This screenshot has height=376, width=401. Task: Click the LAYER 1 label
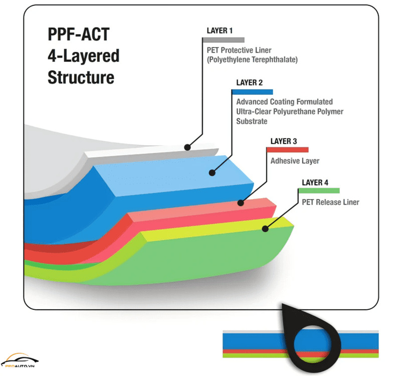point(220,31)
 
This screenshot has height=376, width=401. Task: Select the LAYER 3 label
point(284,141)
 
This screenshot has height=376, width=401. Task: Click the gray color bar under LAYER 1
point(223,39)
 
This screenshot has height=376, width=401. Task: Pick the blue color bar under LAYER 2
point(252,92)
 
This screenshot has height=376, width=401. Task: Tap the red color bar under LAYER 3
point(287,149)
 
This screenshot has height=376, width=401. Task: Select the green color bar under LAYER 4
point(319,191)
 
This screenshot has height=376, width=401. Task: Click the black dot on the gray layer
point(187,147)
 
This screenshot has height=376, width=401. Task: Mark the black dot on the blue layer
point(212,173)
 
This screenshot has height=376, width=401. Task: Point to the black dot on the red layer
point(241,203)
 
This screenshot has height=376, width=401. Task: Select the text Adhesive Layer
point(295,161)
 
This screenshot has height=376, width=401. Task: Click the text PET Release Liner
point(330,202)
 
